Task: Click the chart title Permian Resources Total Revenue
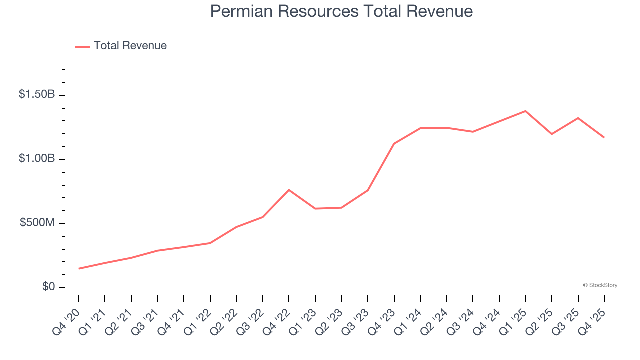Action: click(341, 11)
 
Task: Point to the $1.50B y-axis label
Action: click(37, 94)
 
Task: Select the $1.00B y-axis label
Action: click(37, 158)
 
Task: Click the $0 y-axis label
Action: click(49, 287)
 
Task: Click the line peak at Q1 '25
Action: click(525, 111)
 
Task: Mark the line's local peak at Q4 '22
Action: click(289, 190)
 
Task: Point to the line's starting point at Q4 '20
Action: click(79, 269)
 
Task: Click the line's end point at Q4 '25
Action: click(604, 137)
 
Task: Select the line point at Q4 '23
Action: click(394, 144)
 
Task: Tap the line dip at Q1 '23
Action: click(315, 208)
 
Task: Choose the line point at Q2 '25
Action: click(552, 134)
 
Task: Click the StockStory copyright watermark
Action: click(600, 285)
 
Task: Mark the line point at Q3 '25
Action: click(578, 118)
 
